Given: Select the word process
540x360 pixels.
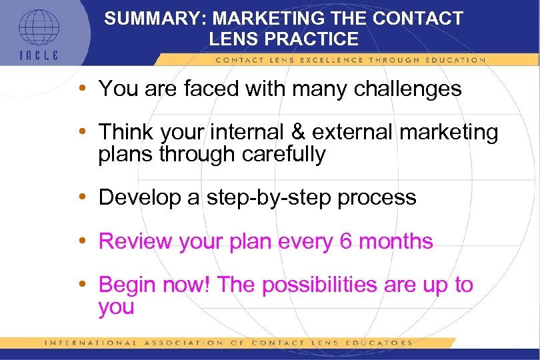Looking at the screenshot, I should point(379,198).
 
